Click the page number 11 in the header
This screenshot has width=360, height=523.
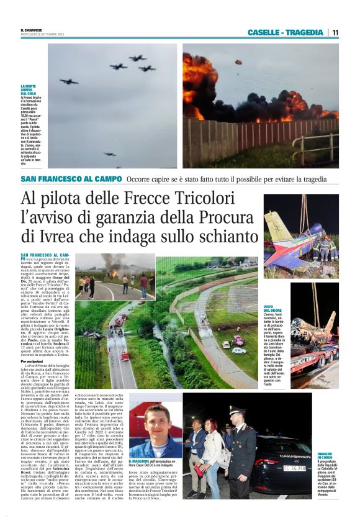tap(335, 32)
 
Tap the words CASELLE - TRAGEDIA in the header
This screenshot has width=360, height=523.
tap(285, 32)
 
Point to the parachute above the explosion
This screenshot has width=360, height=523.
tap(238, 61)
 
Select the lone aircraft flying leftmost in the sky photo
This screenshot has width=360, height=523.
tap(69, 81)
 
